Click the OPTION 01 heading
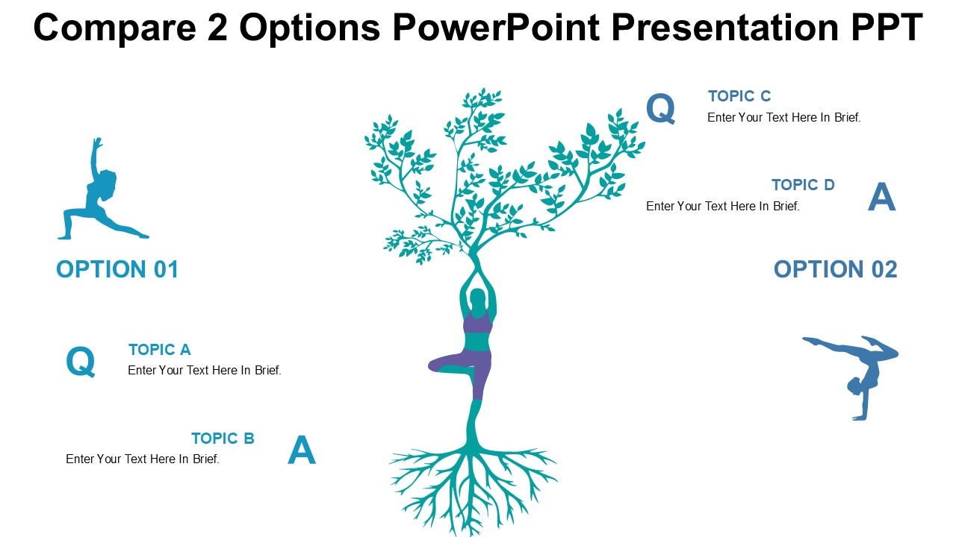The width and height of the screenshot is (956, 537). click(117, 269)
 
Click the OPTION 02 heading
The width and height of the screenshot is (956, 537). click(835, 269)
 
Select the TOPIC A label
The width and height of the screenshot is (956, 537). click(159, 350)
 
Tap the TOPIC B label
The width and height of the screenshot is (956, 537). click(223, 439)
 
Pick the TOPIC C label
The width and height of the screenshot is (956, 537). click(739, 96)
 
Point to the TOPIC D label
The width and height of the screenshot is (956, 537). click(803, 185)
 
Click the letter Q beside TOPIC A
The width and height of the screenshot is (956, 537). click(81, 362)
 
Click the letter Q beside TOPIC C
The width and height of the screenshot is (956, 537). click(660, 109)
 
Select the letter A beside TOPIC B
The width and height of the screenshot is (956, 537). click(301, 451)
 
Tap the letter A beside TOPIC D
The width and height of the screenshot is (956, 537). click(881, 198)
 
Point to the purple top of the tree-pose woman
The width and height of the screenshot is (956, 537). click(477, 323)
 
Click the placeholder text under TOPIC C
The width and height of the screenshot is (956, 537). click(783, 118)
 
